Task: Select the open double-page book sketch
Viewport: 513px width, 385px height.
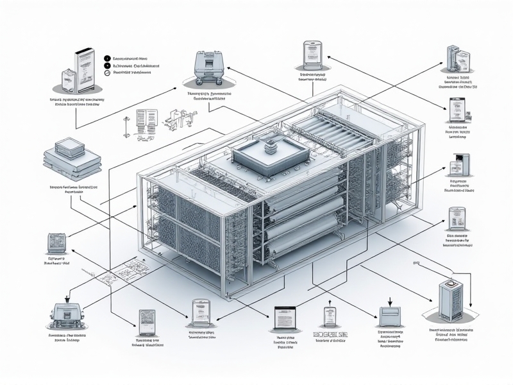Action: point(147,119)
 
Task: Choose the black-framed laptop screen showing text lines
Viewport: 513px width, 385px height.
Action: point(283,318)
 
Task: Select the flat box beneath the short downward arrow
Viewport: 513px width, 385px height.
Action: point(391,316)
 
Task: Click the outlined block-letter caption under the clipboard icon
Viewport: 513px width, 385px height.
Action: point(329,336)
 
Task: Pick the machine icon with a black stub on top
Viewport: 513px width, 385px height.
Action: point(67,313)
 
